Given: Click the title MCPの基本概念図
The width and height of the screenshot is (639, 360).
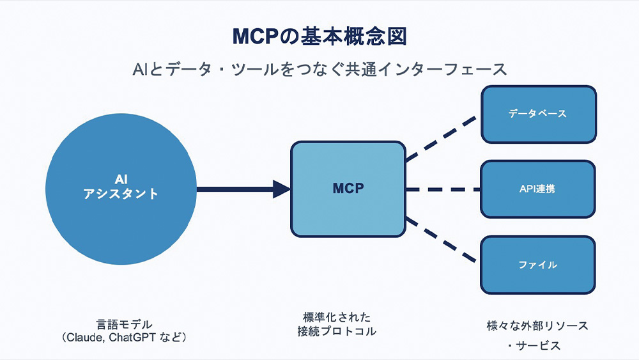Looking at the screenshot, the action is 319,36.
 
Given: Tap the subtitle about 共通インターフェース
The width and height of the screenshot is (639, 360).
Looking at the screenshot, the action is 320,69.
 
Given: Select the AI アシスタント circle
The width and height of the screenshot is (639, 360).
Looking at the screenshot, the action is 121,189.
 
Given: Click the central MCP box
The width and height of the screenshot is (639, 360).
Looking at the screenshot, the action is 348,189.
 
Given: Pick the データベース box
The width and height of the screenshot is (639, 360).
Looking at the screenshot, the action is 538,114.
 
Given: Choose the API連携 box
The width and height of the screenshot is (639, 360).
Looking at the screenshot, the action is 537,189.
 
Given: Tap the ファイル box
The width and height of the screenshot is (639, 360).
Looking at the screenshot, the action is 537,265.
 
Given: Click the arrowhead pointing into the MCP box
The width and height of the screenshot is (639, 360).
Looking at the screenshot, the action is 281,189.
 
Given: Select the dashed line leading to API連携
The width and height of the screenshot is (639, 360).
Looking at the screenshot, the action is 443,189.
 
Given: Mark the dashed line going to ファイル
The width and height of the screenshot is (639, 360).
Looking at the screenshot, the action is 442,240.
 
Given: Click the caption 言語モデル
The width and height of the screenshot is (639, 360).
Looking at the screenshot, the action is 125,325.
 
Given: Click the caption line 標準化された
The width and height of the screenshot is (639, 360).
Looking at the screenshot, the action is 337,317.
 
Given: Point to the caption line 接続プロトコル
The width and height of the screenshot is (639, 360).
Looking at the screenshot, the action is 337,331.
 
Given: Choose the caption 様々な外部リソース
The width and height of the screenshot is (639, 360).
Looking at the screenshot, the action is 537,325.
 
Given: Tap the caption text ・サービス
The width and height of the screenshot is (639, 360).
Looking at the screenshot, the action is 534,346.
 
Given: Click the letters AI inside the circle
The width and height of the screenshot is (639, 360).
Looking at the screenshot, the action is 121,180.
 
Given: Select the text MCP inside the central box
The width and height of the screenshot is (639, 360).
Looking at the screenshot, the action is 348,189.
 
